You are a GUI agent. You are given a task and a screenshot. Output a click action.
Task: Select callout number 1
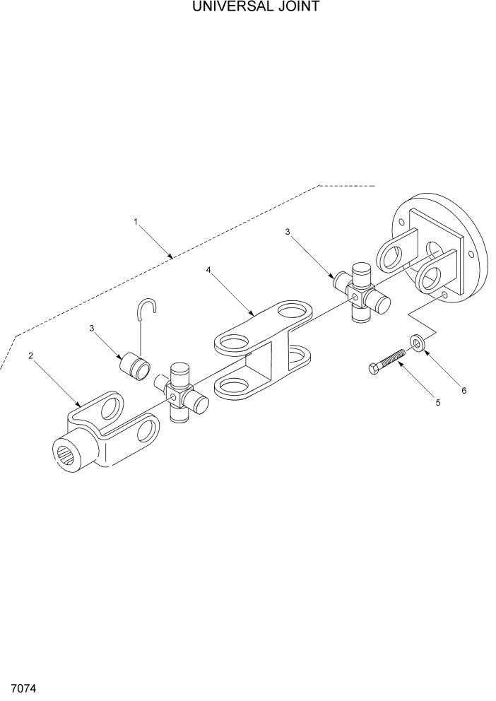click(x=135, y=222)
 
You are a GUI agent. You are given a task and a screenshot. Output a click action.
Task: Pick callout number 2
click(x=30, y=355)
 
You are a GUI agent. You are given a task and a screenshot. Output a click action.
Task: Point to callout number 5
click(x=437, y=402)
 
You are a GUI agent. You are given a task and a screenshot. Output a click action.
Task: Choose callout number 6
click(x=464, y=389)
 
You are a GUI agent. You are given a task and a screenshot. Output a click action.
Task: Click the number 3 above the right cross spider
click(x=287, y=232)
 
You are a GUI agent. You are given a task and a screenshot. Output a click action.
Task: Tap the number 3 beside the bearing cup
click(x=92, y=328)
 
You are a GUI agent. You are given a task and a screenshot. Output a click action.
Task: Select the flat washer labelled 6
click(x=417, y=343)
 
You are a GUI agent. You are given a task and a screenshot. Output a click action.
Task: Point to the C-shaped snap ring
click(x=147, y=310)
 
